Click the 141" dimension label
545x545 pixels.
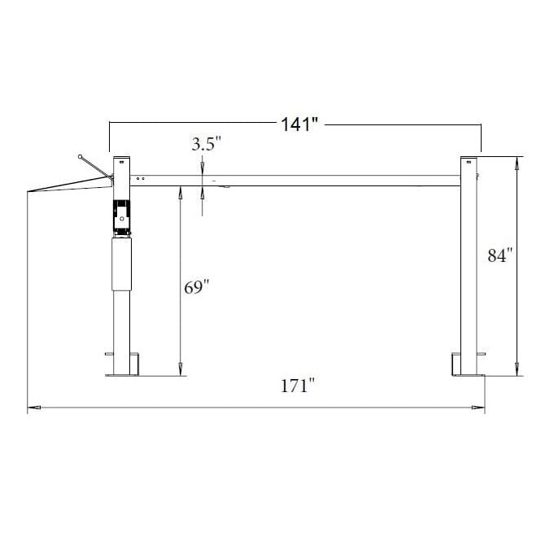click(x=299, y=124)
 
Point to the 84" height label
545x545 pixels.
click(x=499, y=255)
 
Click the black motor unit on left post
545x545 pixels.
click(x=121, y=216)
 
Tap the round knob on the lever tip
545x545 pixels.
click(x=81, y=155)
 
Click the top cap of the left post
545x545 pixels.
click(x=122, y=159)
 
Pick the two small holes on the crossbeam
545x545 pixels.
click(x=142, y=177)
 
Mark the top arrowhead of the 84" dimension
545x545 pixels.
click(x=517, y=163)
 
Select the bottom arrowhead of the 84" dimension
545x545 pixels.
click(x=517, y=372)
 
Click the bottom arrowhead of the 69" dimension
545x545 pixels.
click(x=179, y=371)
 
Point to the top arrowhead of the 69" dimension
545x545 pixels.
click(x=179, y=193)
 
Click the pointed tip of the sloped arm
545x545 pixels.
click(x=28, y=192)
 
